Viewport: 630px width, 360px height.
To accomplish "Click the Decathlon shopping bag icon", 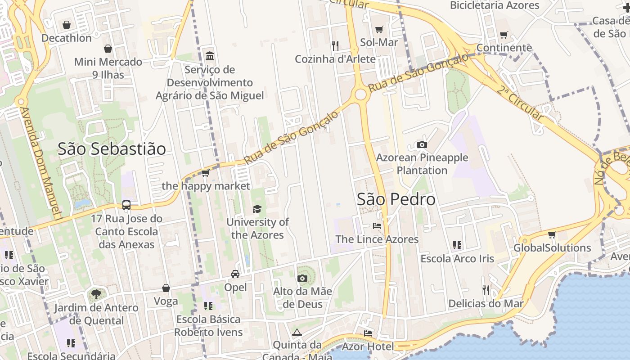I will coord(67,25).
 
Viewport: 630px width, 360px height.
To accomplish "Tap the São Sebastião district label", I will coord(112,149).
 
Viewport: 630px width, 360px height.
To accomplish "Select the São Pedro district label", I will coord(396,199).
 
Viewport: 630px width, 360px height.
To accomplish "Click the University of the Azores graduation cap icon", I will coord(257,209).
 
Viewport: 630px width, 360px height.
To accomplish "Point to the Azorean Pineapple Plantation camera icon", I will coord(422,144).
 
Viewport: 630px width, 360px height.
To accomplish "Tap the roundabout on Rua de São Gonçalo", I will coord(360,94).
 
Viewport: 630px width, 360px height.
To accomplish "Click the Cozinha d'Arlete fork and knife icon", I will coord(335,45).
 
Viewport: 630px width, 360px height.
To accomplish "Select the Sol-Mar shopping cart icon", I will coord(379,29).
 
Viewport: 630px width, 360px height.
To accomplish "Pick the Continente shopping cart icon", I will coord(504,35).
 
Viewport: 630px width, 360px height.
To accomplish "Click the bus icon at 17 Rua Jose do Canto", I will coord(126,205).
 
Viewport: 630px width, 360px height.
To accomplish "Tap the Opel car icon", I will coord(235,274).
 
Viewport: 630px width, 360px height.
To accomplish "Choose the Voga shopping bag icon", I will coord(166,288).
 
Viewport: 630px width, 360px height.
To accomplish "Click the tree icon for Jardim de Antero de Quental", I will coord(96,294).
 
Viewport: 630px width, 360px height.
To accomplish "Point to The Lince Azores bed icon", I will coord(377,225).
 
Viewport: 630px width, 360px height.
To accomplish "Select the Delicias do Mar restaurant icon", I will coord(486,290).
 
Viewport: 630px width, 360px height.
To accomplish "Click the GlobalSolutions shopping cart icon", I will coord(552,234).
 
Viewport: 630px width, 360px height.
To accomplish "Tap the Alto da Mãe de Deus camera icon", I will coord(302,278).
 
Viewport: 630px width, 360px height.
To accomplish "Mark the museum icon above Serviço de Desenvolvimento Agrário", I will coord(210,56).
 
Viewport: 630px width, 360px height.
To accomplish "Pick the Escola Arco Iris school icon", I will coord(457,245).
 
